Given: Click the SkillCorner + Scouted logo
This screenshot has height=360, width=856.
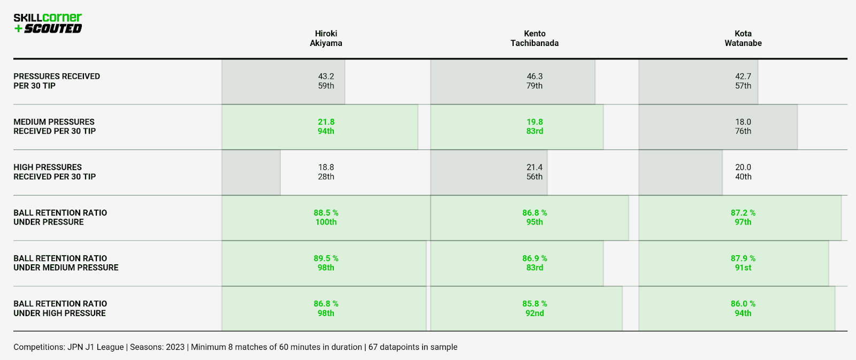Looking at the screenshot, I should click(48, 24).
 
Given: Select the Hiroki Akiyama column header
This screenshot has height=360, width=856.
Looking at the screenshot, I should click(326, 39).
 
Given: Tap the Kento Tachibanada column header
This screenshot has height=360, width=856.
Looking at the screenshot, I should click(534, 39).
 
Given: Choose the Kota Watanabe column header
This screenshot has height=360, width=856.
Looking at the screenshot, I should click(743, 39).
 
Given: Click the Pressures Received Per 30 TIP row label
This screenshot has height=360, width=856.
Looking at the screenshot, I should click(57, 81).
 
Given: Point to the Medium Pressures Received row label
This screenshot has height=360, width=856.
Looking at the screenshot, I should click(54, 126).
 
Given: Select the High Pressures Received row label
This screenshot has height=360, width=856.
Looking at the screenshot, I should click(54, 172).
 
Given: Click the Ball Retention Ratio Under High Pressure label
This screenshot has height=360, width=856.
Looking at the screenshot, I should click(60, 308).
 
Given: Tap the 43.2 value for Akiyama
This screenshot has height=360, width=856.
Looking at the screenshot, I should click(326, 76).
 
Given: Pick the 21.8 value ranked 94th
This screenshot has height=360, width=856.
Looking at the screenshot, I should click(326, 122).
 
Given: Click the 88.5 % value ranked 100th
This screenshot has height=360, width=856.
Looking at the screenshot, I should click(326, 213).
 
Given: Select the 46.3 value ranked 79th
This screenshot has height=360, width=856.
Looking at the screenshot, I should click(534, 76).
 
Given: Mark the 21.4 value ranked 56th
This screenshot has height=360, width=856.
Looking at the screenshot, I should click(534, 167).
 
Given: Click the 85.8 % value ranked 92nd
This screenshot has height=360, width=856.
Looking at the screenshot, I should click(534, 304).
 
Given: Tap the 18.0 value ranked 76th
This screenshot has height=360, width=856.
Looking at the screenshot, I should click(743, 122).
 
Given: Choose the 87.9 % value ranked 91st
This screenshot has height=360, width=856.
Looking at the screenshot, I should click(743, 258).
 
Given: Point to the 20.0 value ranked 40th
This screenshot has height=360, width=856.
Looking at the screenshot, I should click(743, 167).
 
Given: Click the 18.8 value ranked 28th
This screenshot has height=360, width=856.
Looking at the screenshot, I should click(326, 167).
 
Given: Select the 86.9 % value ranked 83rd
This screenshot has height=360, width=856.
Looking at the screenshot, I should click(534, 258).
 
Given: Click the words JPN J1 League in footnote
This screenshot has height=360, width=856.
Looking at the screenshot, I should click(95, 347).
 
